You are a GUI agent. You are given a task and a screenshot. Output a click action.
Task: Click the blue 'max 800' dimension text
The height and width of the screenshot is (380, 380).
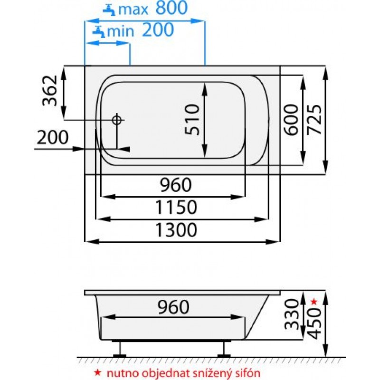pos(153,8)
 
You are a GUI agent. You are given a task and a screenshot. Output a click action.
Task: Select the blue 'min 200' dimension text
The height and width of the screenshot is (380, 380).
pos(140,31)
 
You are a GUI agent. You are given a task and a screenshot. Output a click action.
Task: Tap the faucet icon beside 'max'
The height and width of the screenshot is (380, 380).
pos(110,9)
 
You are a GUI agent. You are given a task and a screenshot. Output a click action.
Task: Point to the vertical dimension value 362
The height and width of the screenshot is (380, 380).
pos(50,91)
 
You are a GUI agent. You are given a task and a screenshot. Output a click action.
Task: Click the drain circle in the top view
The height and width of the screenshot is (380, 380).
pos(117,120)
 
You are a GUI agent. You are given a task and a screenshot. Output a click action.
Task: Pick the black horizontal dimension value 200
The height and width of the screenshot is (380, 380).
pos(53,138)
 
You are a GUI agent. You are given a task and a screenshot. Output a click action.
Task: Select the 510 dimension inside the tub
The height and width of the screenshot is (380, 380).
pos(193,120)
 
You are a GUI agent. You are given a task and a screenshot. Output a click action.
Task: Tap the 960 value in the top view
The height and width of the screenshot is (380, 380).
pos(173,185)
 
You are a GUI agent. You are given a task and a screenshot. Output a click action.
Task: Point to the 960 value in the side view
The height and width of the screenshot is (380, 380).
pos(173,307)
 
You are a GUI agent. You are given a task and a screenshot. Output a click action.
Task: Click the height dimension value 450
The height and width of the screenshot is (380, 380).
pos(315,323)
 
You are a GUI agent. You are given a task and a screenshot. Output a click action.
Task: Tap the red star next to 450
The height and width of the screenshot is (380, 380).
pos(313,301)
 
